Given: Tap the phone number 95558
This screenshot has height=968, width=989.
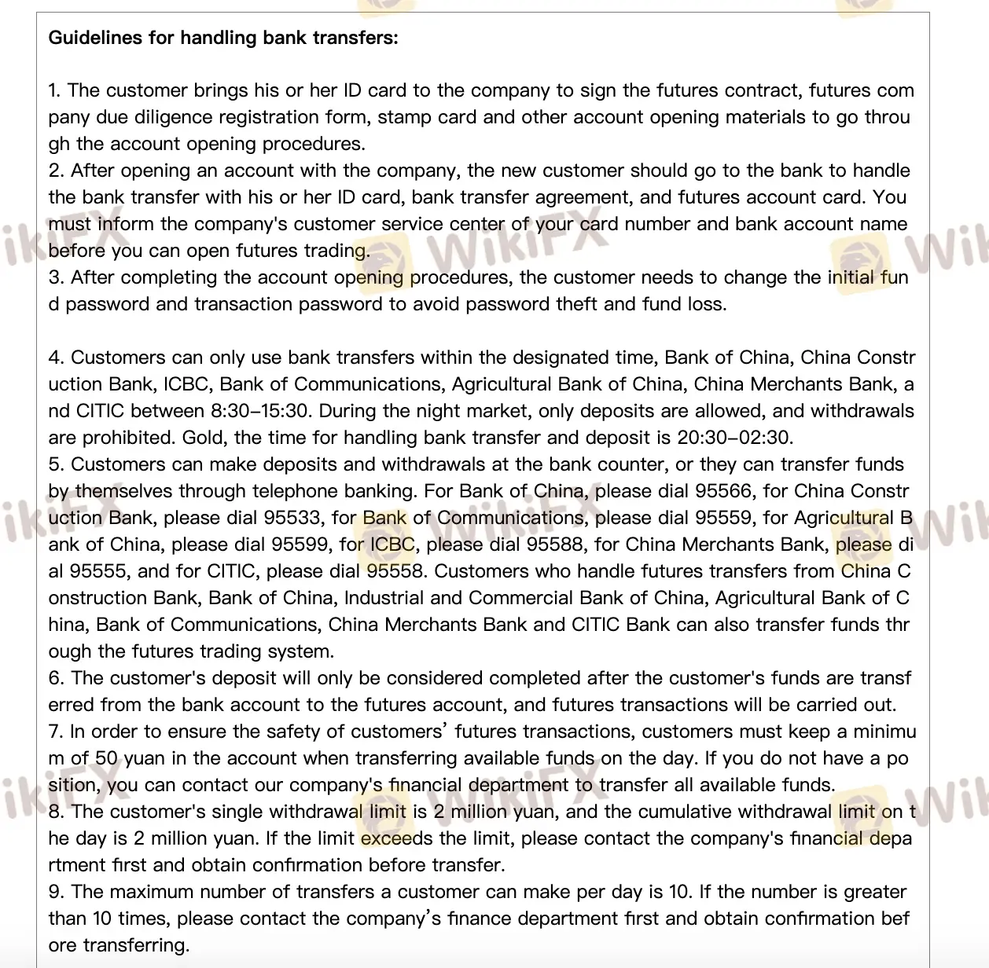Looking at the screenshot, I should click(395, 572).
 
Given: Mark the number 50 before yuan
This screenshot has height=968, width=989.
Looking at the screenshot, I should click(107, 759).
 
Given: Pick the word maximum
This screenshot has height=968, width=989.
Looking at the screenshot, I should click(155, 893).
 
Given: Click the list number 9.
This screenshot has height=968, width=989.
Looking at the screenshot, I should click(53, 893).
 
